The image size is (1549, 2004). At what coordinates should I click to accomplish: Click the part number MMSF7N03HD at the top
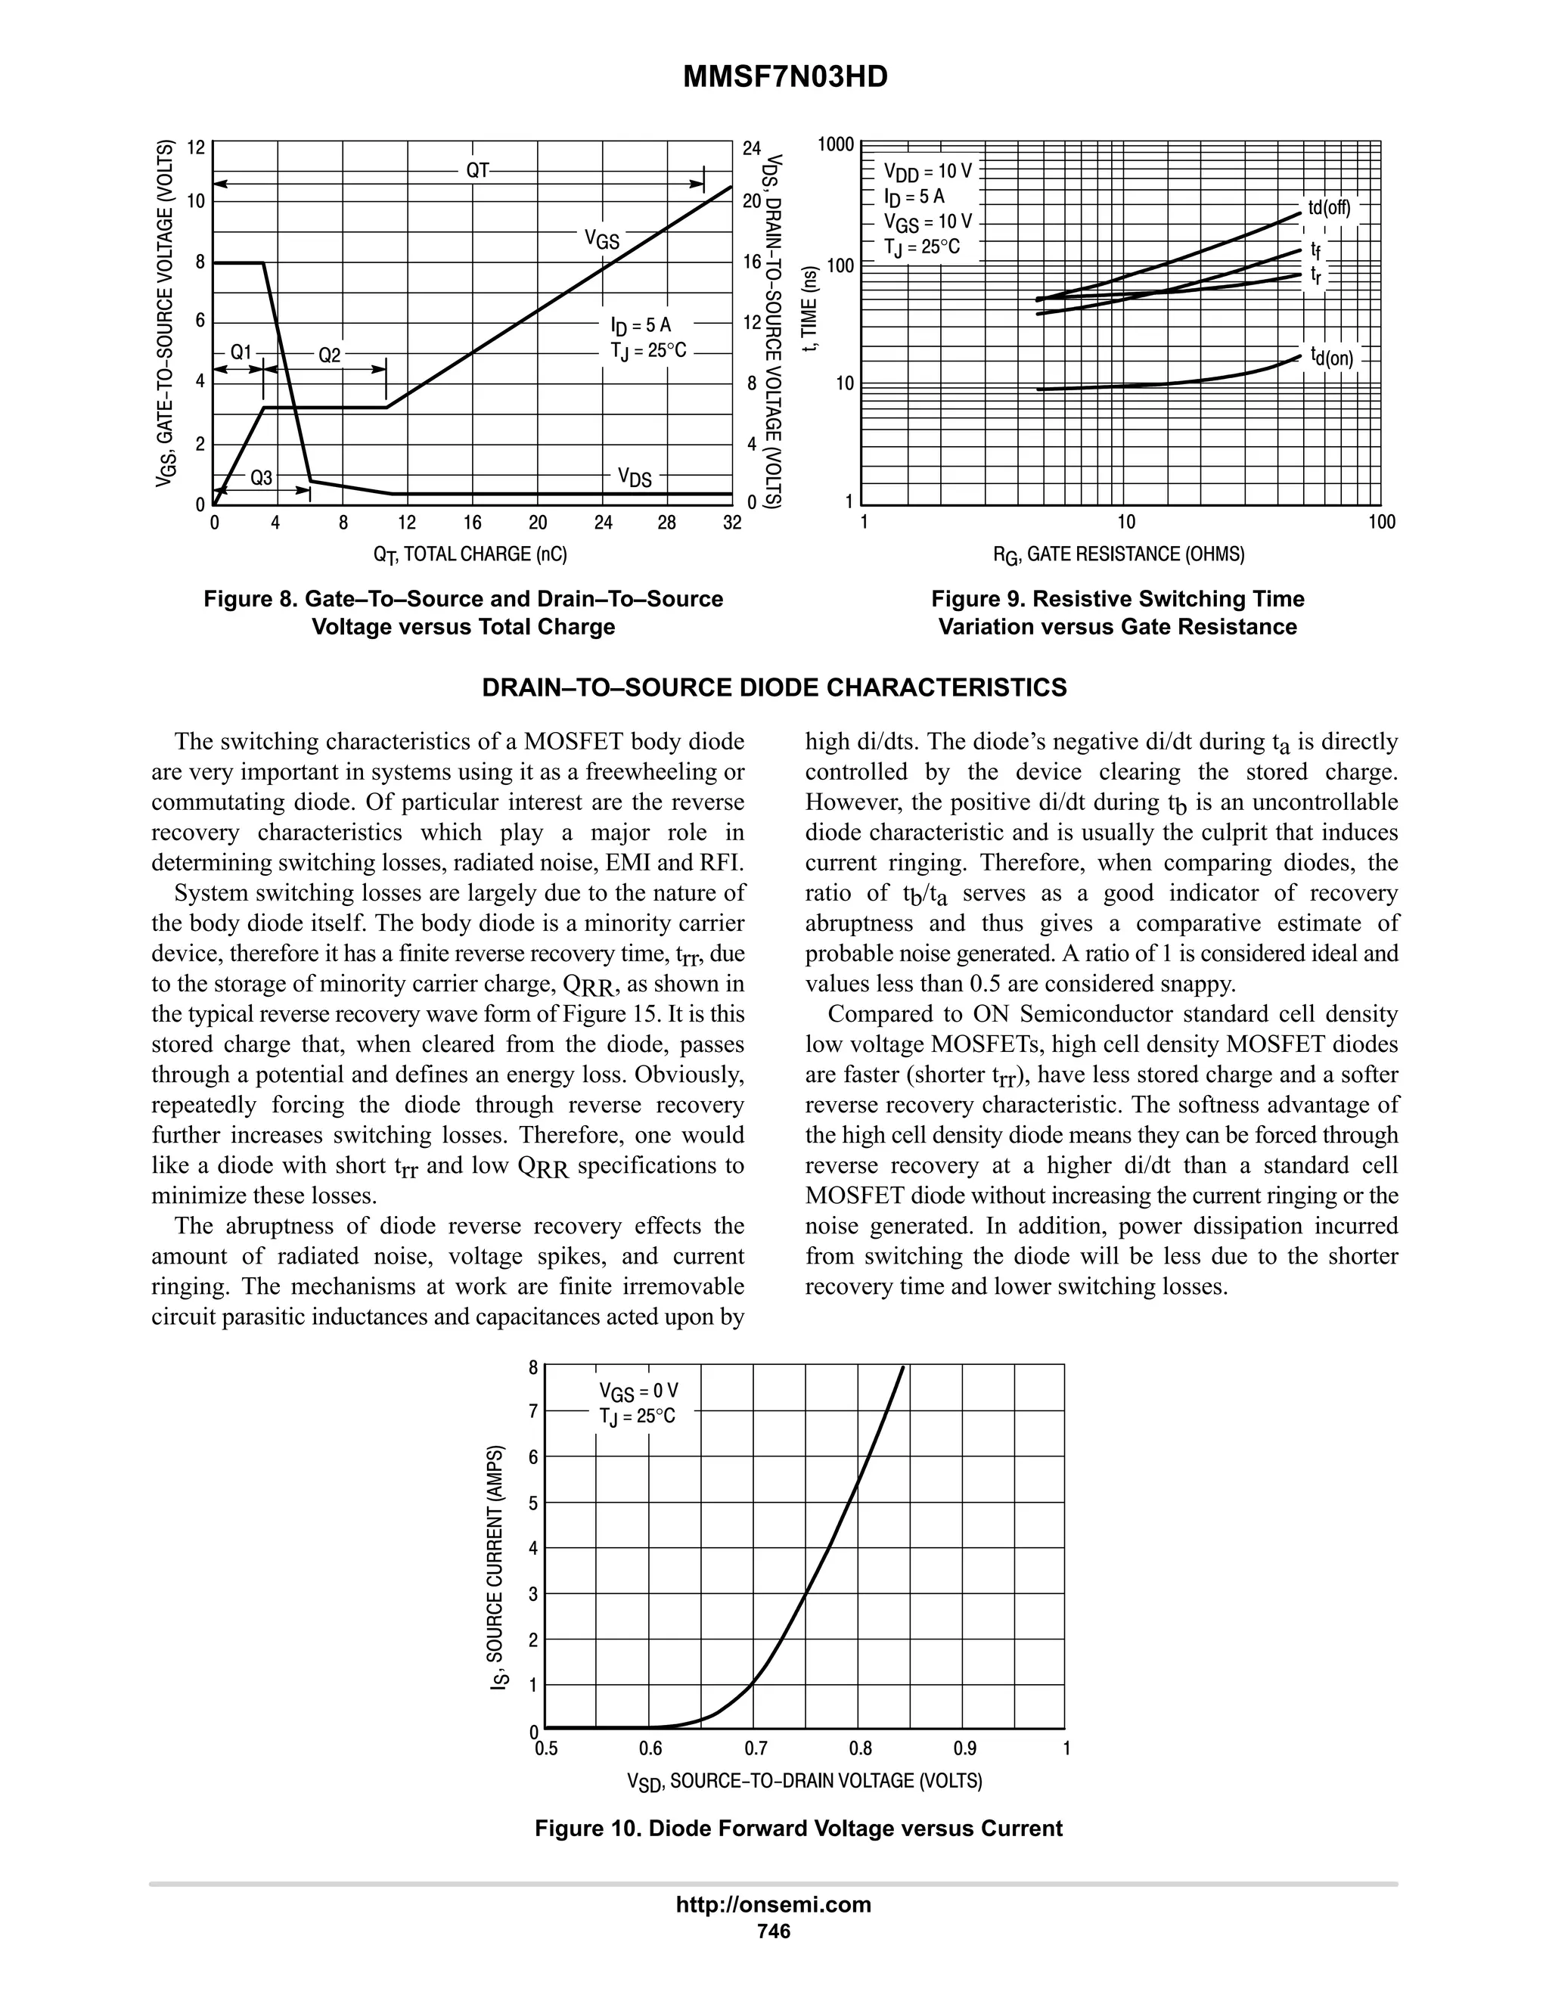786,78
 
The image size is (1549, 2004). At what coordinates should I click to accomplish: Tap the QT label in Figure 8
478,171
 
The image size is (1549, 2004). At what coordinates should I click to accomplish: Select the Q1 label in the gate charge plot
241,352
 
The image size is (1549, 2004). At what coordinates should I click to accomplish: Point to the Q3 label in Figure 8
262,478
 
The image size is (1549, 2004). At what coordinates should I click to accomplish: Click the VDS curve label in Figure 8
634,477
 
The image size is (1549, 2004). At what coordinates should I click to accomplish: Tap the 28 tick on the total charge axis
667,523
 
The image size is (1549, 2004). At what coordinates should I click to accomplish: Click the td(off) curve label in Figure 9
1329,207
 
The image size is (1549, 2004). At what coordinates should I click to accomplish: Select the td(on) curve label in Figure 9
1331,356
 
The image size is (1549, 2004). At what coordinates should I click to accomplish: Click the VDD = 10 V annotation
927,172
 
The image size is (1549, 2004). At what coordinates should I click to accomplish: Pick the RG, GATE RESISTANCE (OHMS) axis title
1119,554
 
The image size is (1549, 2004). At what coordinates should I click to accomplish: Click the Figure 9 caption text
1118,613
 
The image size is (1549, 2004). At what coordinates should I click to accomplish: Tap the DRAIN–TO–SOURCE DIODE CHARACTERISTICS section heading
774,688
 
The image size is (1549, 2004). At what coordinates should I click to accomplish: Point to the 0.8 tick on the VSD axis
860,1749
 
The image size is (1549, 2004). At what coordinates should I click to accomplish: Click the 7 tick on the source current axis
533,1412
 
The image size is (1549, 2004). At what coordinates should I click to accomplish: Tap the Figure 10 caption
799,1829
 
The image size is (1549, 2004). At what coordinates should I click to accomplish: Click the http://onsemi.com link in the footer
774,1905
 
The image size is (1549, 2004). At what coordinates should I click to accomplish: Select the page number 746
774,1931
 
